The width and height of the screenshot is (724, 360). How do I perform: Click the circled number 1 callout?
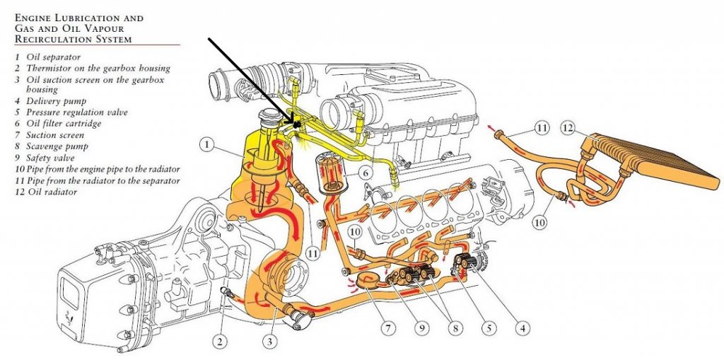tap(208, 145)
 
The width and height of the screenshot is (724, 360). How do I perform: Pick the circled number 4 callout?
tap(522, 328)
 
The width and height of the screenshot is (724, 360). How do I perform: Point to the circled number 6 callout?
tap(365, 173)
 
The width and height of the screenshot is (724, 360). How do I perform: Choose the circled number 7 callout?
tap(388, 328)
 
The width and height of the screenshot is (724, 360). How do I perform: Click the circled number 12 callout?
tap(568, 128)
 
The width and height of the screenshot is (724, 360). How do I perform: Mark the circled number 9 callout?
tap(421, 328)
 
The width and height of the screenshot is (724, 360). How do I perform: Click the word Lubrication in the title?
tap(83, 18)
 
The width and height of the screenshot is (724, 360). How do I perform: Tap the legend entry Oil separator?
tap(53, 57)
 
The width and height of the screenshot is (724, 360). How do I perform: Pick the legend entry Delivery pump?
tap(56, 100)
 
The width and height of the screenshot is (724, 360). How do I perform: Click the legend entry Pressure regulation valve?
tap(76, 112)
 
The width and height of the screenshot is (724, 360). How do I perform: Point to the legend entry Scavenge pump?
tap(57, 146)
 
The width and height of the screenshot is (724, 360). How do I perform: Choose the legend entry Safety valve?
tap(50, 158)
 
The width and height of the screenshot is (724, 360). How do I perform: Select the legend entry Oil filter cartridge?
tap(63, 123)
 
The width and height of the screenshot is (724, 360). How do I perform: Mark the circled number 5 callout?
tap(489, 328)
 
